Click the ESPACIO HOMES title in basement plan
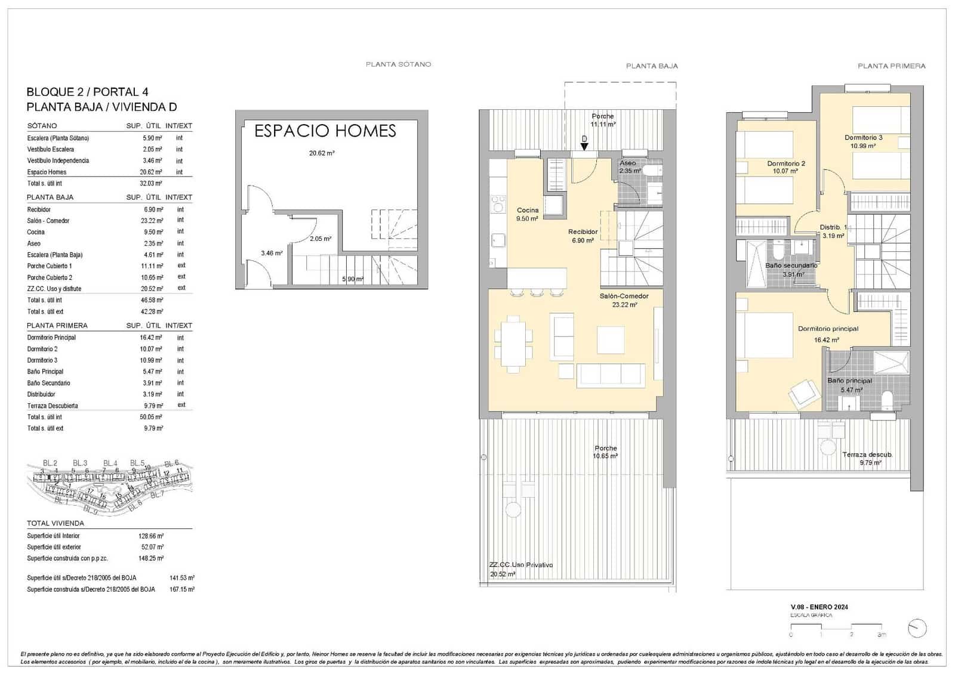(x=325, y=131)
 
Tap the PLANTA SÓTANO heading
(x=398, y=64)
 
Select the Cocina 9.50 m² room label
(x=527, y=214)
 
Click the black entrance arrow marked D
(x=584, y=146)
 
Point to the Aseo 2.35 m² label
(x=629, y=166)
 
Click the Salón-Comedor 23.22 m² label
(x=624, y=300)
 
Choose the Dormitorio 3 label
(x=863, y=141)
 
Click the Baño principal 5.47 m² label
(x=850, y=385)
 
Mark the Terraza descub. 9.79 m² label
(x=867, y=458)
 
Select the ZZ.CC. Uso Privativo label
(x=520, y=569)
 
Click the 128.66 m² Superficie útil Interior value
(x=151, y=536)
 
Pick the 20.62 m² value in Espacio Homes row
(x=152, y=172)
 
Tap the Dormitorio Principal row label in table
(x=51, y=338)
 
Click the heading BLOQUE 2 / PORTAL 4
(x=87, y=92)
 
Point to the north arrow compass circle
(x=916, y=627)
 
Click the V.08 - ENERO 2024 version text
(x=819, y=607)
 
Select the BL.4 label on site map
(x=110, y=463)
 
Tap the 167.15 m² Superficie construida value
(x=182, y=589)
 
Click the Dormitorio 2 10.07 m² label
(x=785, y=167)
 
